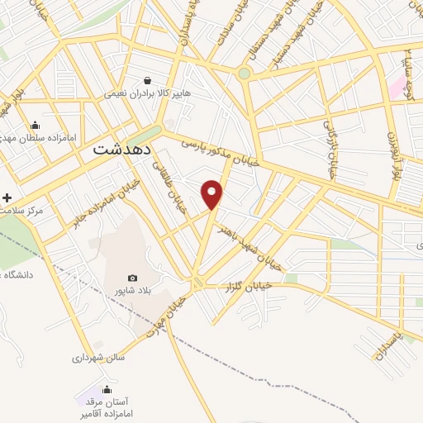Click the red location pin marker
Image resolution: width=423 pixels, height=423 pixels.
(213, 195)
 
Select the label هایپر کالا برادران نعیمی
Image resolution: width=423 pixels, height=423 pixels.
(147, 94)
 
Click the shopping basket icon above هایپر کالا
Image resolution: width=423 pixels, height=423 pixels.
(147, 81)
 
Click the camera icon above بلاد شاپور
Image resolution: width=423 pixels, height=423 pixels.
(132, 278)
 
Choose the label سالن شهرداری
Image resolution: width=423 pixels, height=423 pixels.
(97, 359)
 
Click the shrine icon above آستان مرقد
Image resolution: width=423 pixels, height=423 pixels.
(107, 389)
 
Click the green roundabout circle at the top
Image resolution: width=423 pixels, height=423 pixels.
(244, 74)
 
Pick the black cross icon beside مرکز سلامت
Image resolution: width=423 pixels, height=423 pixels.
(7, 198)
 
